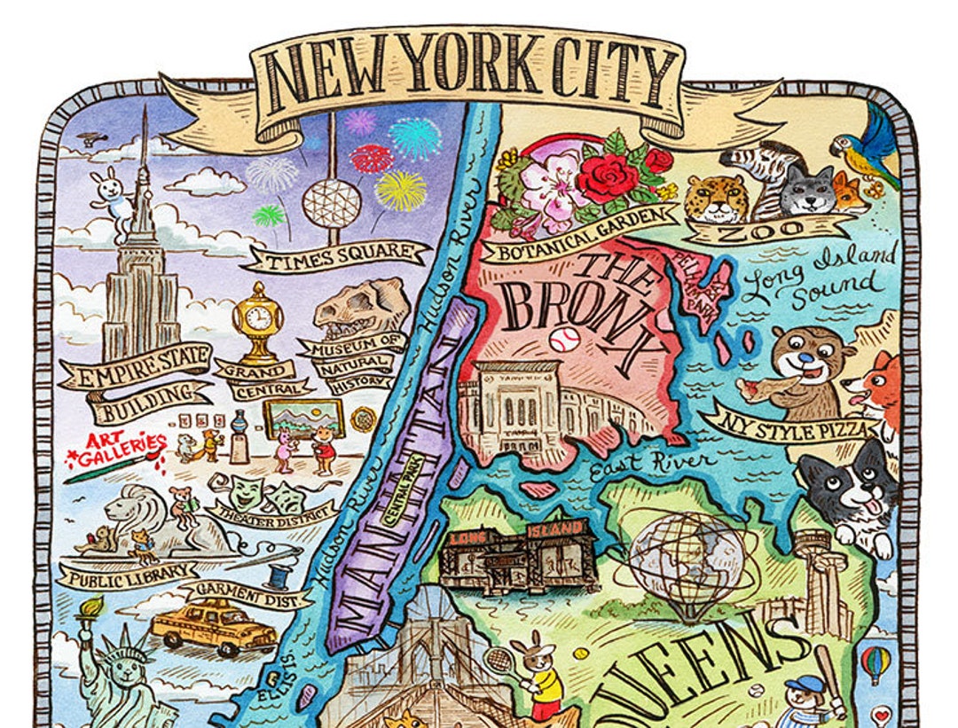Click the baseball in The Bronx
coord(563,340)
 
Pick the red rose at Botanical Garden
coord(609,177)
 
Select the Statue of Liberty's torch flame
coord(93,606)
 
